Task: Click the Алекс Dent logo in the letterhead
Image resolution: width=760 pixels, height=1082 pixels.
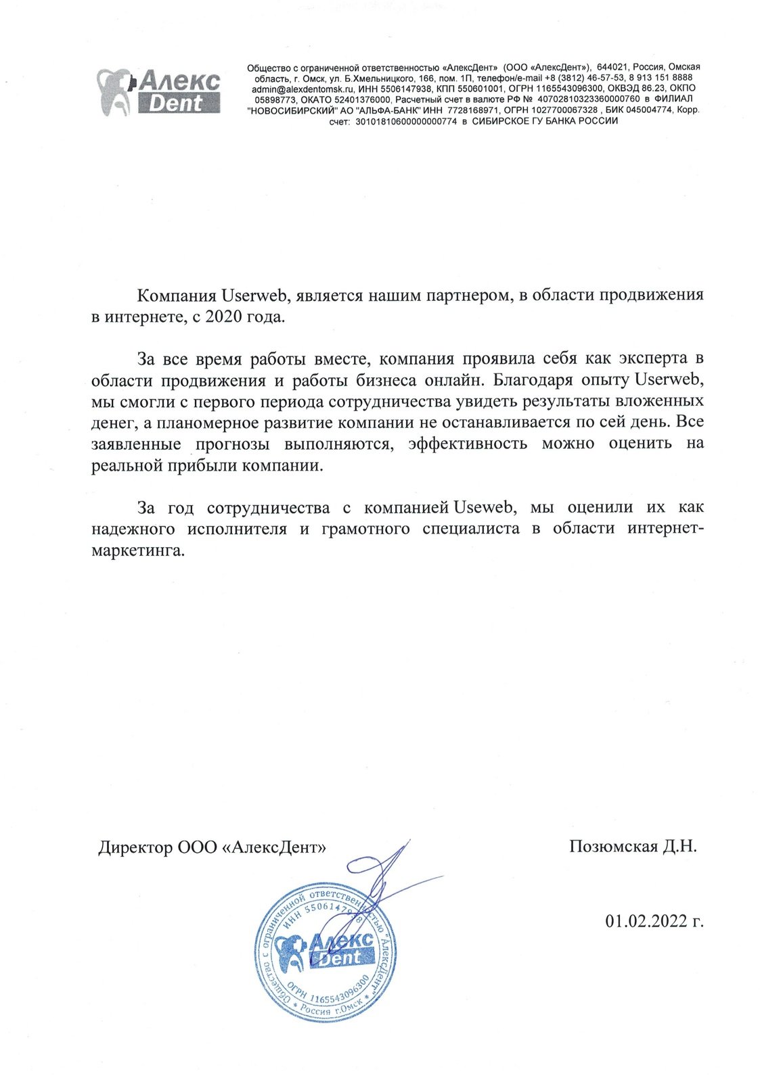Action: (x=160, y=91)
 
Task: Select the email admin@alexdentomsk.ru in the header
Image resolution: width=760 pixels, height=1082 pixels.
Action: (x=296, y=89)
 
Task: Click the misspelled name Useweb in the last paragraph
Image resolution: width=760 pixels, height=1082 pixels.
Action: (x=482, y=507)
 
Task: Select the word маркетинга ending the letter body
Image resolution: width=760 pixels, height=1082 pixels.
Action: (x=137, y=550)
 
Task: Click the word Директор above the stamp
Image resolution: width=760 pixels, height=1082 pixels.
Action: (x=135, y=847)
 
